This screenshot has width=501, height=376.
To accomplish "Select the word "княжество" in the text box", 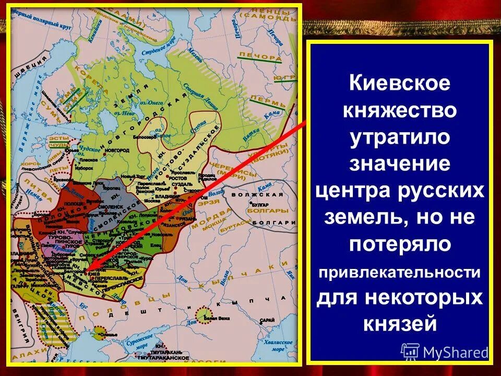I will point(399,111).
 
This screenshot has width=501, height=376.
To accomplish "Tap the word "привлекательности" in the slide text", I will point(399,272).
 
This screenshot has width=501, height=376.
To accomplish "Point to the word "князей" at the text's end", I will point(399,324).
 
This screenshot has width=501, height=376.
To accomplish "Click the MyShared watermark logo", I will point(444,351).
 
